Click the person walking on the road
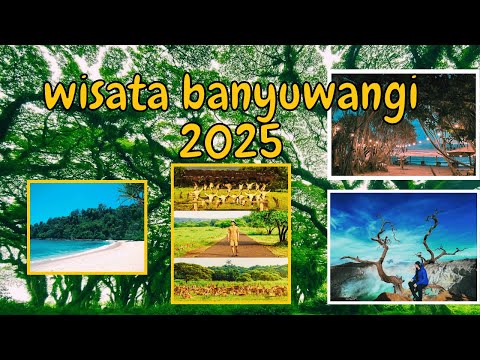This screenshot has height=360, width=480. pos(232,237)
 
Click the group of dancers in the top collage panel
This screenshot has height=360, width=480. pos(231,193)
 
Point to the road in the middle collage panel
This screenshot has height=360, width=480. pos(231,250)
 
